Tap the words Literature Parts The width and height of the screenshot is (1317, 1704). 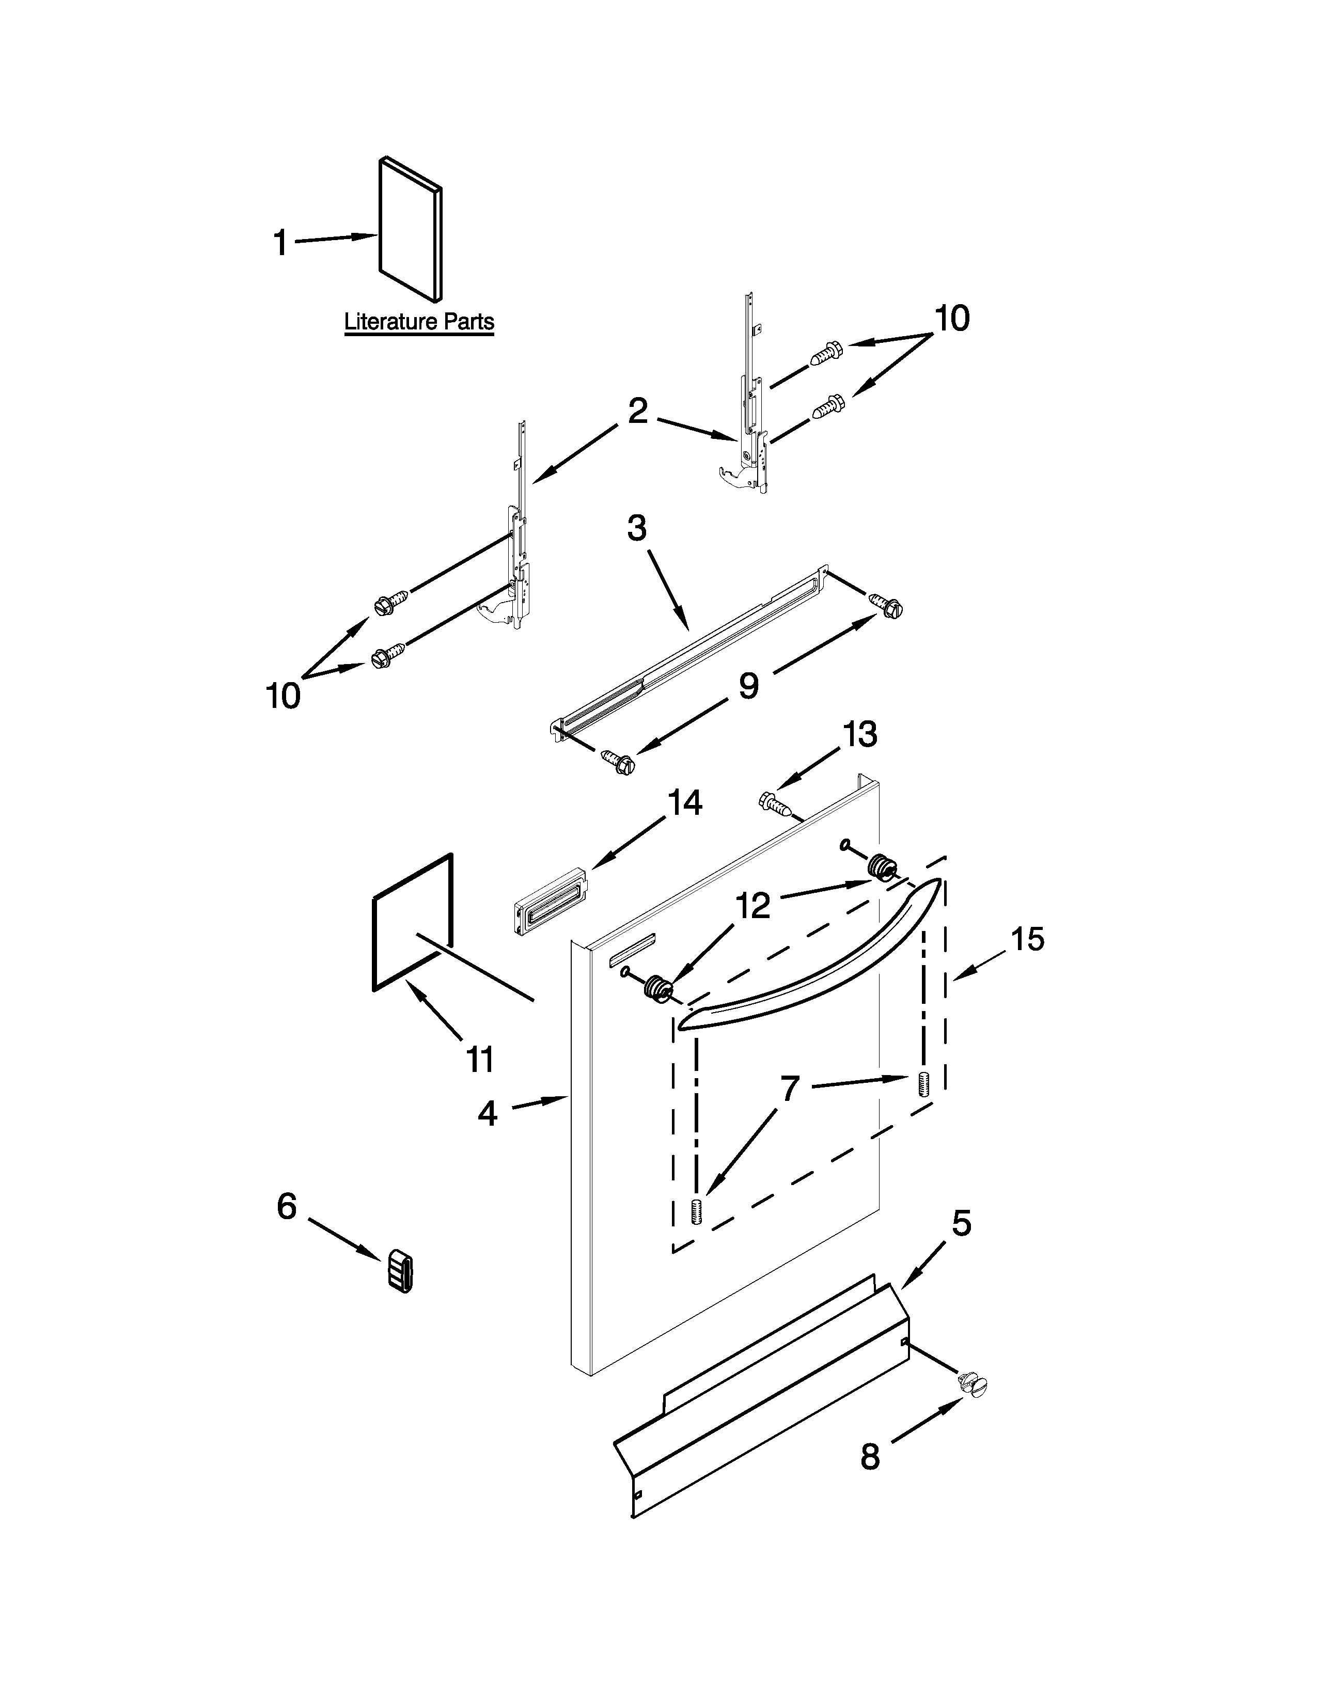[x=419, y=322]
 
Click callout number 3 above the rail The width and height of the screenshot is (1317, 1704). [x=637, y=528]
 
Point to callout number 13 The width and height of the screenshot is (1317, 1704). [x=860, y=734]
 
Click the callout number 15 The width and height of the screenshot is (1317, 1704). [x=1028, y=939]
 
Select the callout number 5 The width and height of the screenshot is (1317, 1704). [x=961, y=1223]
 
